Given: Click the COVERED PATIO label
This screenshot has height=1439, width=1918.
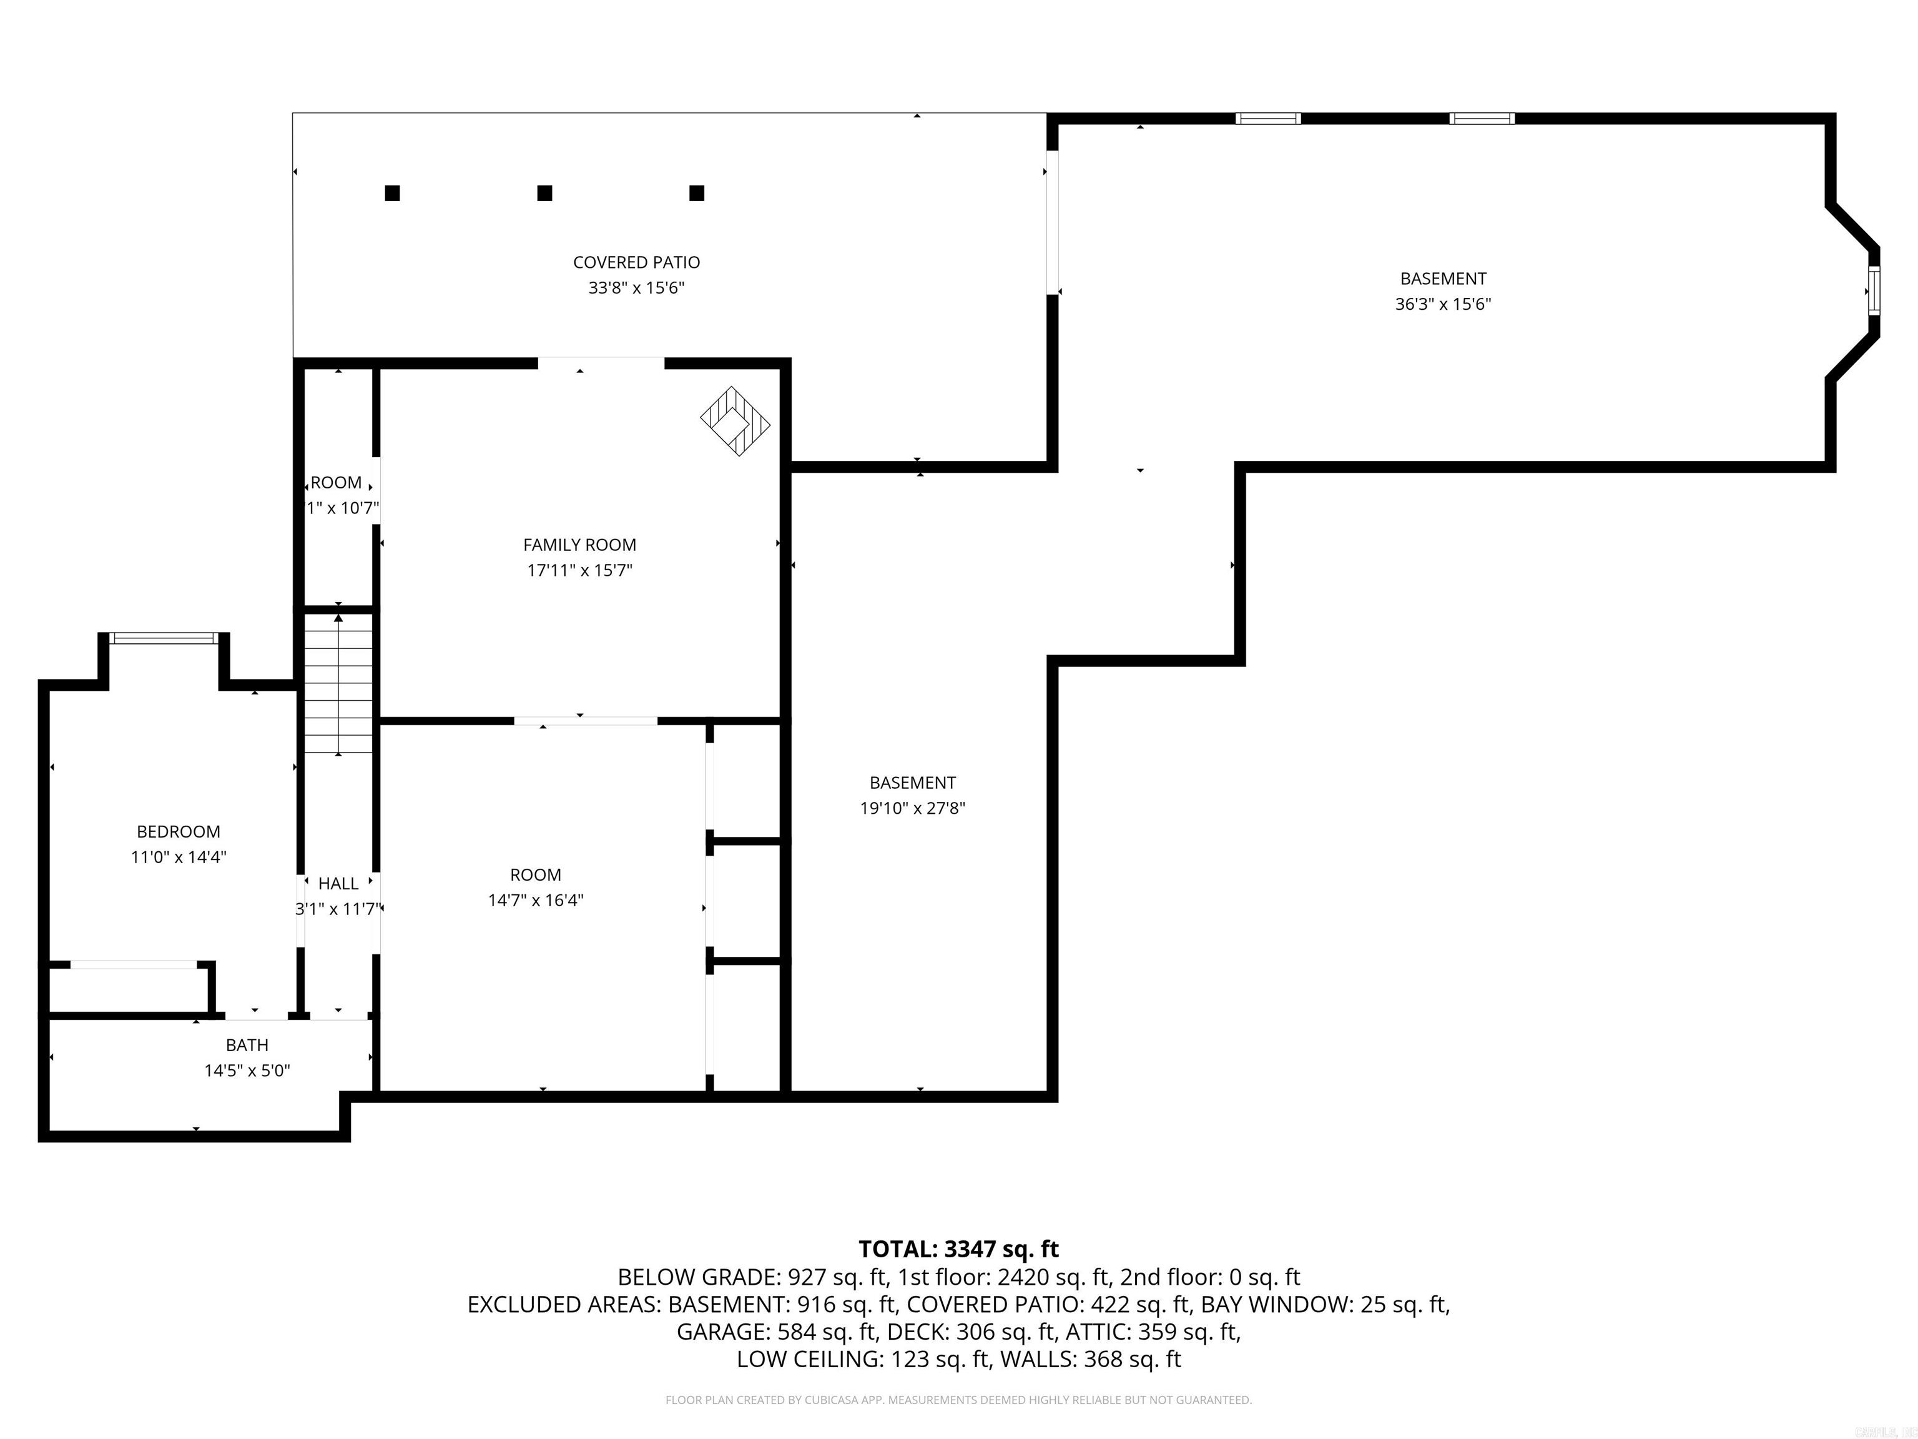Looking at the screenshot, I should point(636,262).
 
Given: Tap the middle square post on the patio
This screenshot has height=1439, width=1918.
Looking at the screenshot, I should point(544,192).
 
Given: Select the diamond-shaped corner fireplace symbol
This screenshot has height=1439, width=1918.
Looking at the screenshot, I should point(734,421).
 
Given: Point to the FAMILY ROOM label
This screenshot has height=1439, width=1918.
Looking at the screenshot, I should point(579,545).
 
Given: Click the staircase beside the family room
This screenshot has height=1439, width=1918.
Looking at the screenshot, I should point(338,683).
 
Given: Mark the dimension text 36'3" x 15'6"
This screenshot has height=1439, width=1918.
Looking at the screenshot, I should point(1442,304).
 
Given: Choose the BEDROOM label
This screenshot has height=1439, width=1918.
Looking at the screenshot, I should point(179,831).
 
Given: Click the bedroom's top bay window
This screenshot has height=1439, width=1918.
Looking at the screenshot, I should point(164,638).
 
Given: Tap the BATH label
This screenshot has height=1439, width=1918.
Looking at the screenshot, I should point(247,1044).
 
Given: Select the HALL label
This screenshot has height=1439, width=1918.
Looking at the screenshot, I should point(338,883).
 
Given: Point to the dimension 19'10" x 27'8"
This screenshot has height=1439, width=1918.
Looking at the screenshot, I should point(912,808).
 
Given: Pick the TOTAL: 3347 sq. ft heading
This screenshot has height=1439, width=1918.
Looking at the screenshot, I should point(958,1249).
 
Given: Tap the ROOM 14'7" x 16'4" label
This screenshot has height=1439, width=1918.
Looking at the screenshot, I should point(535,874).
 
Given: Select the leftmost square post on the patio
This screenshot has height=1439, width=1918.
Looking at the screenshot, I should point(392,192).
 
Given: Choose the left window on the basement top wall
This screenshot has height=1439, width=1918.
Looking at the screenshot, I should point(1267,119).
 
